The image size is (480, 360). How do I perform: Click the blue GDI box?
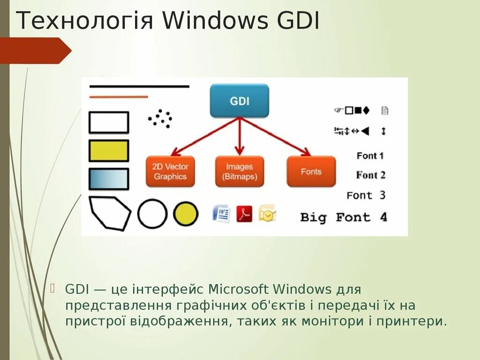[240, 100]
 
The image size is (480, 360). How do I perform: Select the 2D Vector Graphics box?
[170, 172]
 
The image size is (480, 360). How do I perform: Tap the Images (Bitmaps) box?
[239, 172]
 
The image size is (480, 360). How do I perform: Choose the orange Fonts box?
[311, 172]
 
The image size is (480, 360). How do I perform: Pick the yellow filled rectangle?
[109, 151]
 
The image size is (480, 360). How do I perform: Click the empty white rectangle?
[109, 122]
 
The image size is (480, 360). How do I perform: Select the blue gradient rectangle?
[109, 179]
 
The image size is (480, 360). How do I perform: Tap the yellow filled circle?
[186, 214]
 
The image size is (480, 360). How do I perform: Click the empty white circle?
[152, 214]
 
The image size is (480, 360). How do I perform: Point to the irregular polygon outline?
[109, 213]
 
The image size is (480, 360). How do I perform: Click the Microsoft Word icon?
[221, 214]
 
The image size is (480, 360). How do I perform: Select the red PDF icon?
[244, 214]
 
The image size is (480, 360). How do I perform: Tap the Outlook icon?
[267, 214]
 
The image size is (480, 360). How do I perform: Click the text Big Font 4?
[344, 217]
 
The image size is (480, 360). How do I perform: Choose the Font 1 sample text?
[370, 156]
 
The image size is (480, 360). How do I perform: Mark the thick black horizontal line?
[139, 87]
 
